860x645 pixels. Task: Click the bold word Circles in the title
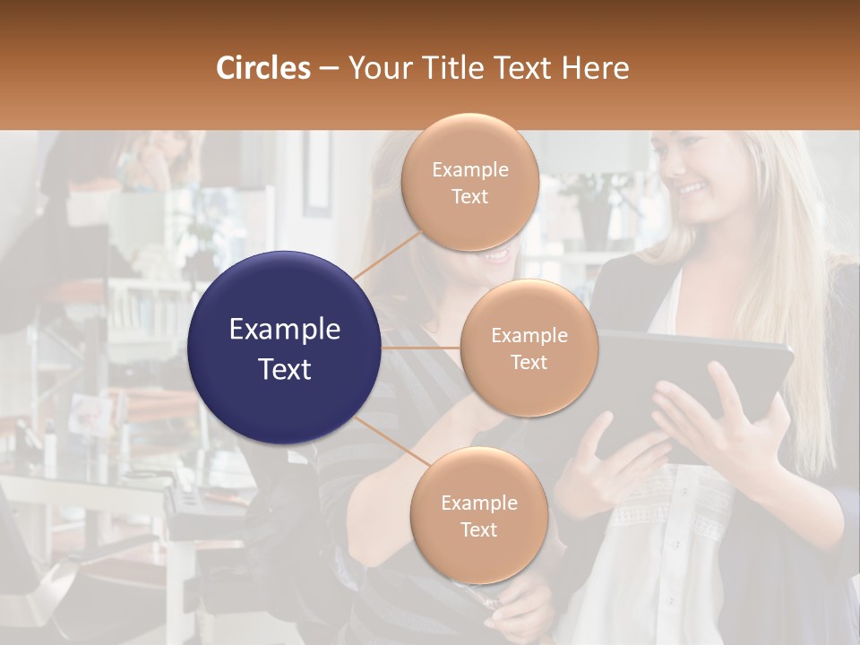[262, 68]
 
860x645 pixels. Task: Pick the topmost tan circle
[470, 183]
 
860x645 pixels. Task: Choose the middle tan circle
[529, 348]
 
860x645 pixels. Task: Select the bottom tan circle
[478, 516]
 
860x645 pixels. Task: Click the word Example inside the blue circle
[285, 330]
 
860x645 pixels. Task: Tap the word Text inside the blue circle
[285, 369]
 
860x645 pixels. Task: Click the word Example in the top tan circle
[470, 170]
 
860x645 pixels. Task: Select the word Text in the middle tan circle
[529, 362]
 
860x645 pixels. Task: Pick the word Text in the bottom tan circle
[478, 529]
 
